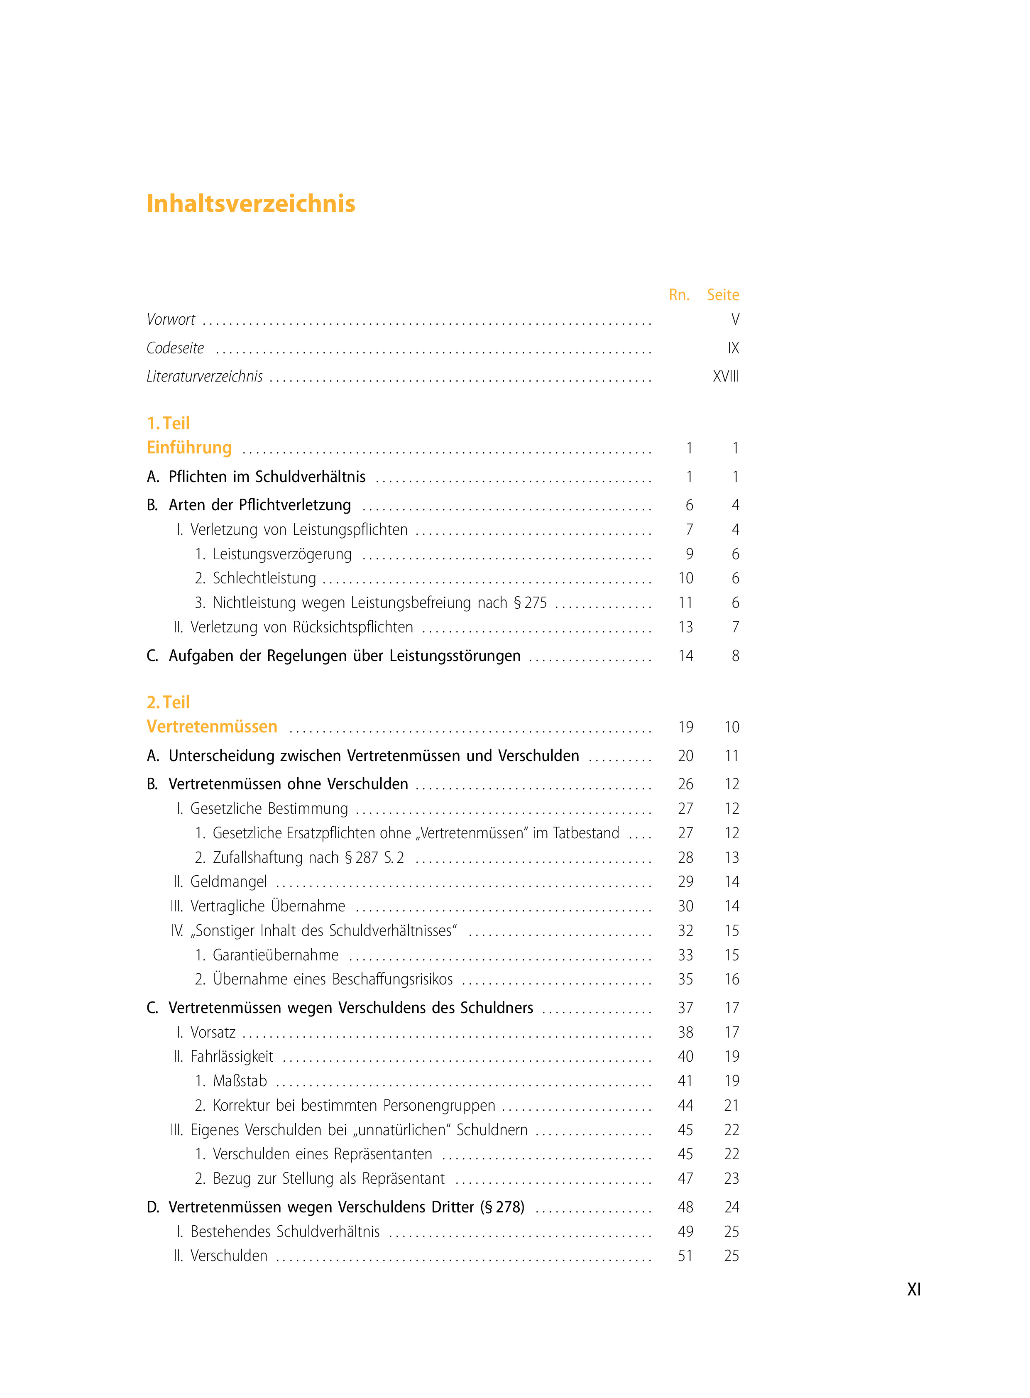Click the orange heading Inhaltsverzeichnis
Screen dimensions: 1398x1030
(251, 204)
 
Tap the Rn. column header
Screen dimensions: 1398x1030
(679, 295)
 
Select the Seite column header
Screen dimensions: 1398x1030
(723, 295)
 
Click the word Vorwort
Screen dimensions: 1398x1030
(171, 320)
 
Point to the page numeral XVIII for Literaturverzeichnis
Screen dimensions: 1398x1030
(726, 377)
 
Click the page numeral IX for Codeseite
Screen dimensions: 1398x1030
(733, 348)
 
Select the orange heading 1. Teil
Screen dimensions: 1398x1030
(168, 424)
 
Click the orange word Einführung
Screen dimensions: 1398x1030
(189, 448)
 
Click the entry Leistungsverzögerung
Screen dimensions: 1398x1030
(282, 554)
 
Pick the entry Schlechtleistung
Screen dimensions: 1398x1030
(264, 579)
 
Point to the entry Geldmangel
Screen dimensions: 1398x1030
(228, 882)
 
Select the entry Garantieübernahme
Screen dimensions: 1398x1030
(276, 955)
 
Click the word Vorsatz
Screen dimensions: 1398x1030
(213, 1033)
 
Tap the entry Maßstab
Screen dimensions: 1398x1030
(240, 1081)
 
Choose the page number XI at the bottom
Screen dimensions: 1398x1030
(914, 1290)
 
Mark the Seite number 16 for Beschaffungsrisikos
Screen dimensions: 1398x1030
(732, 979)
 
